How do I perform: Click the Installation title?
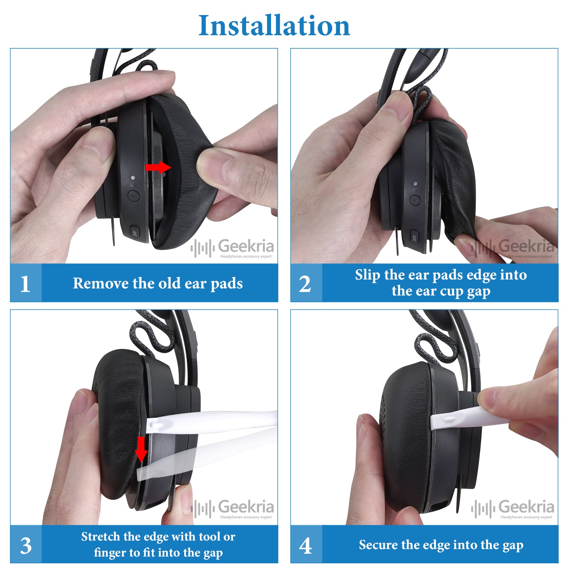click(274, 26)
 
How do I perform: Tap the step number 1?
click(25, 284)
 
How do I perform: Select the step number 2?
click(305, 284)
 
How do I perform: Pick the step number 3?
click(26, 546)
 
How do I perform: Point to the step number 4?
click(305, 546)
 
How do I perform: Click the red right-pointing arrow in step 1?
click(158, 167)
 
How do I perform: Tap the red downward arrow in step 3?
click(141, 449)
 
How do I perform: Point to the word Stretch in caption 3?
click(102, 536)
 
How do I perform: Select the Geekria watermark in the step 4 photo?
click(512, 508)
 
